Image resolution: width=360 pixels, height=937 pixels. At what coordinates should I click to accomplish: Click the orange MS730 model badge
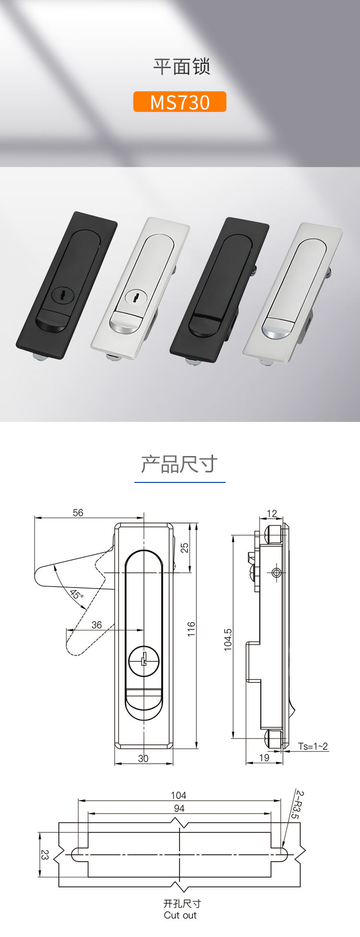coord(180,102)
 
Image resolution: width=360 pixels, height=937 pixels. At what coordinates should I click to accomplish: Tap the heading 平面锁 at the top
coord(182,67)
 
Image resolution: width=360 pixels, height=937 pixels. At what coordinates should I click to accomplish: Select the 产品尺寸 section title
coord(180,464)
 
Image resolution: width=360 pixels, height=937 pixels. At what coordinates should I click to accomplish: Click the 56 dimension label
coord(78,513)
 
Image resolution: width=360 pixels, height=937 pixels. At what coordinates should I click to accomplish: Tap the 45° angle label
coord(76,594)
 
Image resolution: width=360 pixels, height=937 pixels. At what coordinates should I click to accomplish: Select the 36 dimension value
coord(96,625)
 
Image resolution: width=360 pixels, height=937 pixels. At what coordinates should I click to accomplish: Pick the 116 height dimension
coord(192,629)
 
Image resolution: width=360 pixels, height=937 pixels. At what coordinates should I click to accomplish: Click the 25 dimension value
coord(185,548)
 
